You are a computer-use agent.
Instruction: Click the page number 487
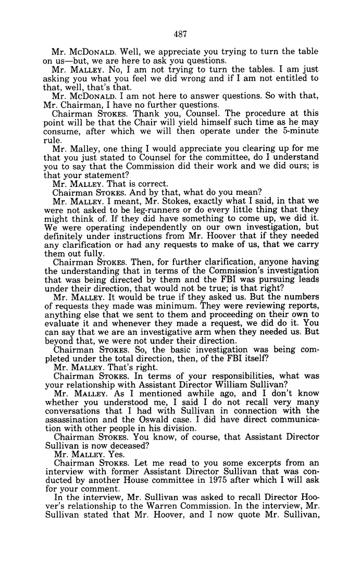tap(180, 34)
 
